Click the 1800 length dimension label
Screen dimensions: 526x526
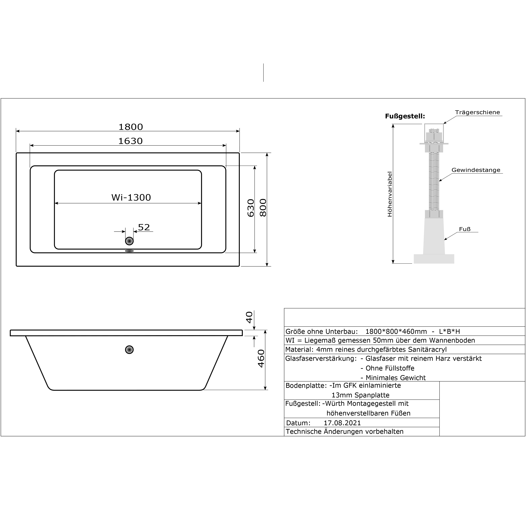pos(130,127)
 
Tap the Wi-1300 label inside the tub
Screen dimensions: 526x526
pos(131,197)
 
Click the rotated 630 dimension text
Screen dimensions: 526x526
pos(251,208)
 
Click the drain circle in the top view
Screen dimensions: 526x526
pos(129,241)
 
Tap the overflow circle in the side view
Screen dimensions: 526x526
pos(129,350)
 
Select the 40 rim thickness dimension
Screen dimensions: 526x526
pos(249,317)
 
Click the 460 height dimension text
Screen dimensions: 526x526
pos(261,359)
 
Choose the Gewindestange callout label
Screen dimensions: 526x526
pos(476,170)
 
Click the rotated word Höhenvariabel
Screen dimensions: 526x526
pos(390,194)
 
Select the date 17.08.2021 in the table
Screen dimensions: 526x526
pos(342,423)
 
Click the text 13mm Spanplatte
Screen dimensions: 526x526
pos(360,395)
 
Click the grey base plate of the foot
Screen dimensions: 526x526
pos(434,259)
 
